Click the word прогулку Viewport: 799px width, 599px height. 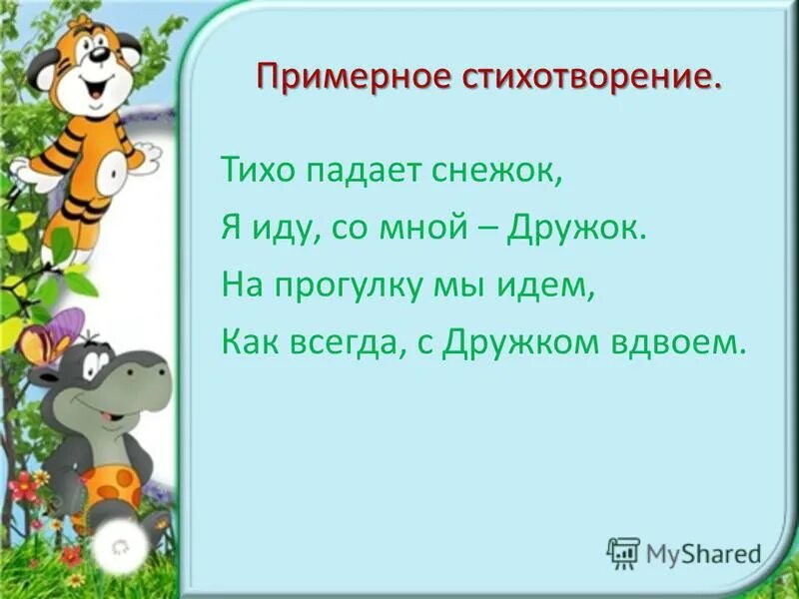click(345, 287)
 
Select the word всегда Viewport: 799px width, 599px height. click(346, 343)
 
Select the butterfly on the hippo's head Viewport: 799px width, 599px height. click(53, 337)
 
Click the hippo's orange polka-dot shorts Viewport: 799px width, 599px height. click(113, 487)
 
